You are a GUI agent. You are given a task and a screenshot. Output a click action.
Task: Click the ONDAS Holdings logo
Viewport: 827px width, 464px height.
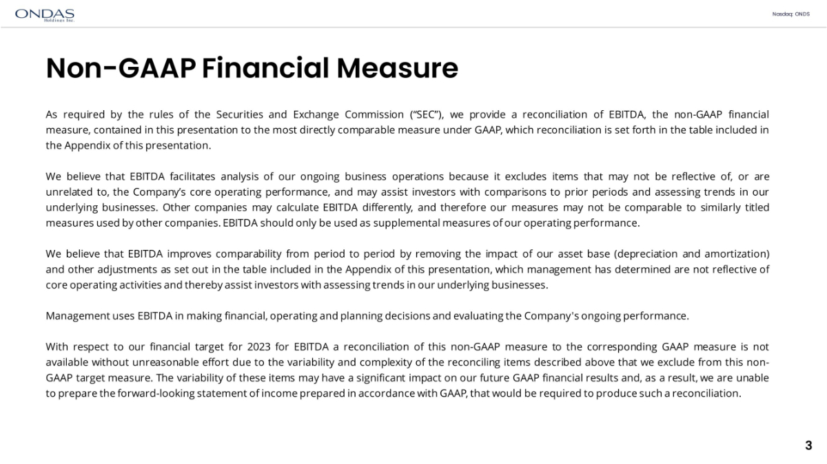pos(44,14)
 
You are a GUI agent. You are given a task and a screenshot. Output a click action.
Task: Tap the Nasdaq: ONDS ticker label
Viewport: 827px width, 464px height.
pos(795,14)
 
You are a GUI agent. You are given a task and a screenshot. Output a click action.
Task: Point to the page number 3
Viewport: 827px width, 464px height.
pos(808,445)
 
